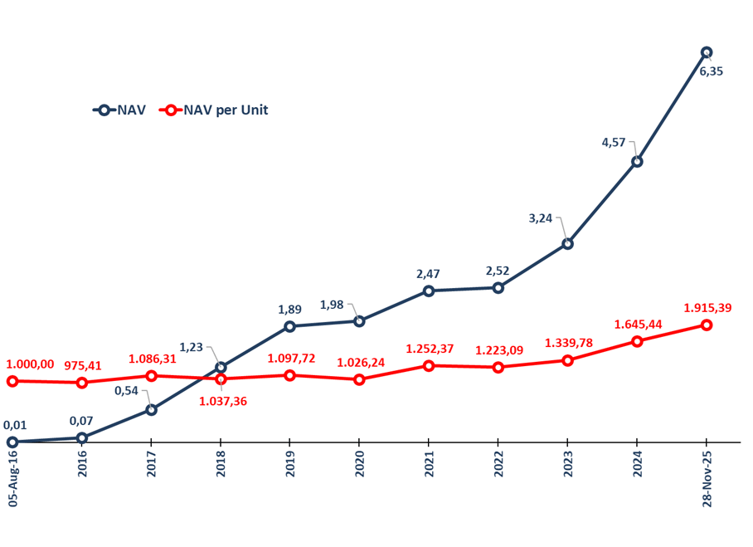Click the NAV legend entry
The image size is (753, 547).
(120, 110)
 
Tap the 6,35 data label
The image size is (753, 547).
(712, 71)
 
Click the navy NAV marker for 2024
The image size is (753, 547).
(637, 161)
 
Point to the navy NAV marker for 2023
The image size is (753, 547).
(567, 243)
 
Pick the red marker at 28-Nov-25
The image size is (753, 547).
(707, 325)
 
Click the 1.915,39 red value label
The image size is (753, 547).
(707, 308)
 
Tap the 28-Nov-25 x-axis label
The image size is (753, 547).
(707, 478)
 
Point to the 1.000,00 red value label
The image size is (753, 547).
(30, 364)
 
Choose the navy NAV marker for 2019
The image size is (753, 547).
(289, 326)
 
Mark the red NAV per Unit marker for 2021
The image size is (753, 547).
(429, 365)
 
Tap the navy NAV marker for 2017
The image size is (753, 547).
(151, 409)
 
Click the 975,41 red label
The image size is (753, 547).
(83, 365)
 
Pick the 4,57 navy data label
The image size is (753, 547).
(613, 143)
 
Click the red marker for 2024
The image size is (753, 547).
(637, 341)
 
